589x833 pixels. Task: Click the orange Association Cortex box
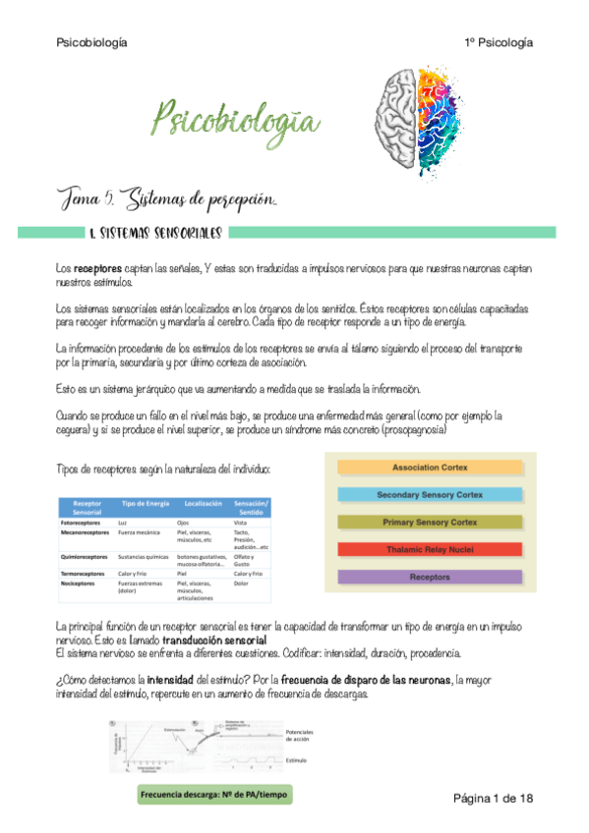tap(430, 466)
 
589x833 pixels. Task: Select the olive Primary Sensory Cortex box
tap(430, 522)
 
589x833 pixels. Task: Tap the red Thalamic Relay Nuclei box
tap(430, 549)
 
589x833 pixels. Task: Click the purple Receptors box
tap(430, 577)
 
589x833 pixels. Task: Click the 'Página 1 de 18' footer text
tap(493, 797)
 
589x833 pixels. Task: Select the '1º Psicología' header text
tap(500, 42)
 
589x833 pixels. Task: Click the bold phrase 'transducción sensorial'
tap(215, 639)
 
